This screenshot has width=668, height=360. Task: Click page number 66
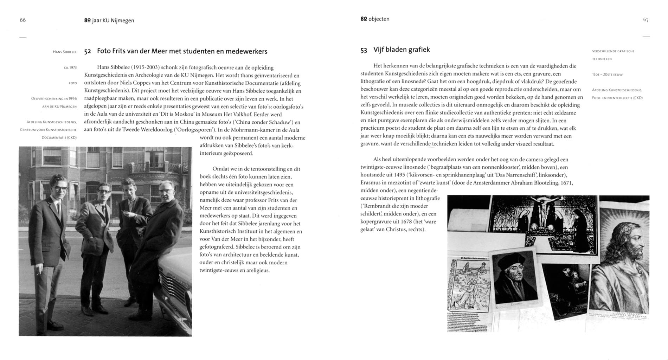[23, 20]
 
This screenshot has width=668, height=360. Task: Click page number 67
[645, 20]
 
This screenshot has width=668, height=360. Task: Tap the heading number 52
[88, 52]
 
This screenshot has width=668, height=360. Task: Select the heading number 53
[364, 50]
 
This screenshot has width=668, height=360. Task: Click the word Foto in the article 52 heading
[104, 51]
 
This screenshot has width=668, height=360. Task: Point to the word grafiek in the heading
[418, 50]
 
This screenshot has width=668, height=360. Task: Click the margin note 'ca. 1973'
[70, 67]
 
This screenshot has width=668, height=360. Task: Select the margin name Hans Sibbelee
[65, 52]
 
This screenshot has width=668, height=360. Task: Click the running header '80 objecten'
[375, 19]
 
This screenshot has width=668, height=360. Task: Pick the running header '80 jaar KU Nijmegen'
[109, 20]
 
